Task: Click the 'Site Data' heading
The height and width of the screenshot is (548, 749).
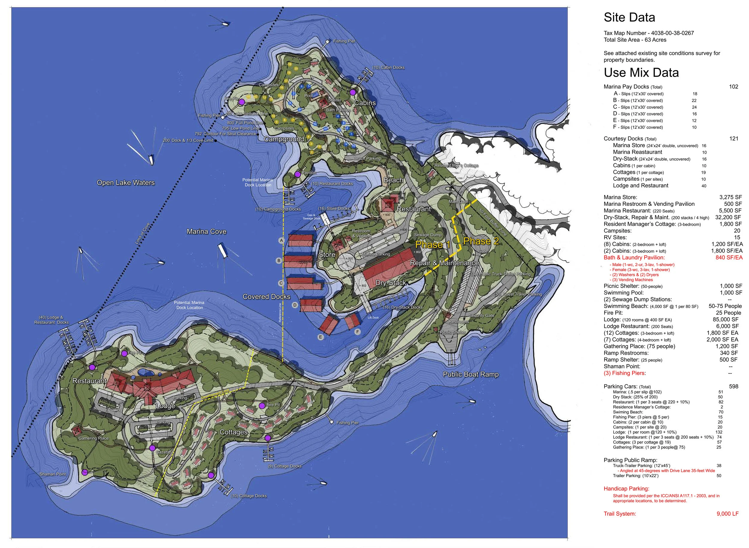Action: [x=629, y=18]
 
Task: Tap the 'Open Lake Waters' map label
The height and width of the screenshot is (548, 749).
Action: [x=126, y=183]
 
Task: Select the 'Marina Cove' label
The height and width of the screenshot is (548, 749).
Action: [x=206, y=232]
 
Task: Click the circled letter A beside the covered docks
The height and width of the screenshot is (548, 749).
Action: [x=282, y=240]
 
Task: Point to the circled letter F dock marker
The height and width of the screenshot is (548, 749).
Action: [x=357, y=331]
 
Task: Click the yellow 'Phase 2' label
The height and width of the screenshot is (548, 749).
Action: [x=481, y=241]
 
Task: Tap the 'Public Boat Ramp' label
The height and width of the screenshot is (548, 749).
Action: [x=470, y=374]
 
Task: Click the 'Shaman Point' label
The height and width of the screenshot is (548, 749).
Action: [x=52, y=474]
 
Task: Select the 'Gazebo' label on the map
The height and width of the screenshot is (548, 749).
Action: [x=163, y=452]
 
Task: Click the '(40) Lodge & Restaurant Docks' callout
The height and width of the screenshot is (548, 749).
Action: [x=52, y=320]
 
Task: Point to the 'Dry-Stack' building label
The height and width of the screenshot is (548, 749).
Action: [x=390, y=283]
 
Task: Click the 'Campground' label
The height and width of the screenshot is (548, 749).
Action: [x=284, y=139]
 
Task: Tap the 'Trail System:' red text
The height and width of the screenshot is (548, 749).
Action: [x=620, y=514]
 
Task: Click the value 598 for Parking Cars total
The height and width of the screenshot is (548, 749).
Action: [x=733, y=387]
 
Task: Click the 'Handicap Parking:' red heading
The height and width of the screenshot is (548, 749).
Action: [x=626, y=489]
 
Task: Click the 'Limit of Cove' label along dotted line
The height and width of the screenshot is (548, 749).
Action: [x=142, y=234]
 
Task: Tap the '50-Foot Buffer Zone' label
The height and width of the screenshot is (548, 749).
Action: [x=493, y=222]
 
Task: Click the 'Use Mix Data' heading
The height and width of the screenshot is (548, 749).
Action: [x=641, y=73]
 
